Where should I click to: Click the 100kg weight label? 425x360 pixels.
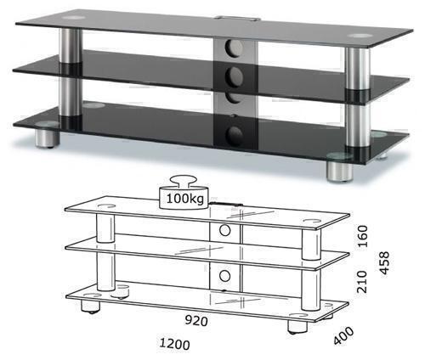tap(184, 199)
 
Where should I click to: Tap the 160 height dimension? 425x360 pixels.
tap(362, 236)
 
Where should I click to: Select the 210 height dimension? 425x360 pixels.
tap(362, 282)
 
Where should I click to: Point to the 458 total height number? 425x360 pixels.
tap(384, 263)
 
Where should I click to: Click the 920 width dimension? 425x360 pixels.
tap(196, 321)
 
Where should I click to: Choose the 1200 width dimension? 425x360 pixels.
tap(174, 344)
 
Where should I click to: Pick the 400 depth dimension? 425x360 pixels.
tap(343, 336)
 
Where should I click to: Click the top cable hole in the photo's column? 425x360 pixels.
tap(234, 47)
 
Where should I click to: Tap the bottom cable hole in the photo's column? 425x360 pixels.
tap(234, 136)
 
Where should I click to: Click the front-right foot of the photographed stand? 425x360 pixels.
tap(340, 169)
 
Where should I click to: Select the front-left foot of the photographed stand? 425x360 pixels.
tap(48, 138)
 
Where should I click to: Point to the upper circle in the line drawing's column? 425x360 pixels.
tap(224, 230)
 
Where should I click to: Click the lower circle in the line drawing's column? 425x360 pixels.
tap(224, 276)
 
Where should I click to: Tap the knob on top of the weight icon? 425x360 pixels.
tap(184, 182)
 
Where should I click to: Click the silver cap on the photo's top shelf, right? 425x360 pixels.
tap(360, 36)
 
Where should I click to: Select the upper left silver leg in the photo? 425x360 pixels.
tap(70, 47)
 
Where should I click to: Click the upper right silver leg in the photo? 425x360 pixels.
tap(358, 69)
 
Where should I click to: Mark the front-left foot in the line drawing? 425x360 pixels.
tap(91, 307)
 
